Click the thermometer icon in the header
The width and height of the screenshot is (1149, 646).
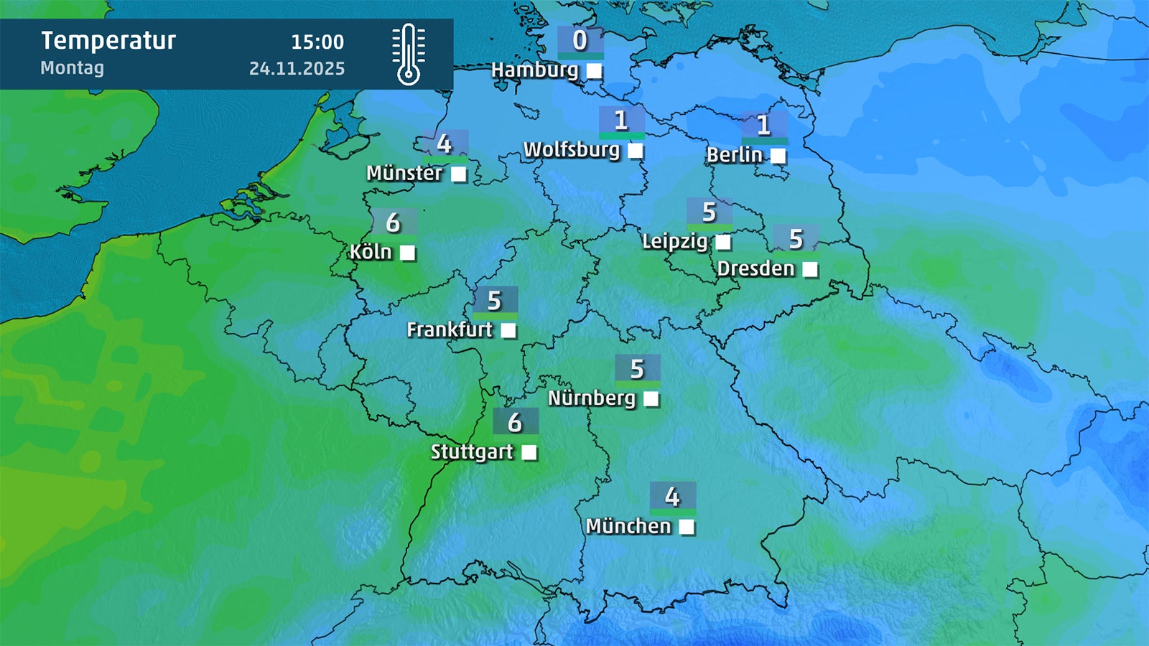408,55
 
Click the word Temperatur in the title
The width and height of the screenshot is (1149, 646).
108,41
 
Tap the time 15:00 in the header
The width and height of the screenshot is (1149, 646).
317,42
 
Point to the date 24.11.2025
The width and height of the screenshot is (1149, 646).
297,69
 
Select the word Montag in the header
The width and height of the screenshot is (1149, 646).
72,68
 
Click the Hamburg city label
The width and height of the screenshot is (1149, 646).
534,70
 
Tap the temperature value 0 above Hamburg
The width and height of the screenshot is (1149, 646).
580,41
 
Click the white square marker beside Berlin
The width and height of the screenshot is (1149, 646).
778,156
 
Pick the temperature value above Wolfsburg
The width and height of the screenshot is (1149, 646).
621,120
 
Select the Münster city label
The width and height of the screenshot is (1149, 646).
404,173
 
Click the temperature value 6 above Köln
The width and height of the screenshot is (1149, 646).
393,223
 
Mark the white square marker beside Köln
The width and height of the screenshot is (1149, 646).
407,253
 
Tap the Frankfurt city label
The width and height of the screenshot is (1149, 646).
450,329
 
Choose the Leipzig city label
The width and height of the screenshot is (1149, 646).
674,241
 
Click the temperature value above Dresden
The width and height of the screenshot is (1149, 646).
796,239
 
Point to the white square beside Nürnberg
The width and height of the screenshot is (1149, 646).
651,399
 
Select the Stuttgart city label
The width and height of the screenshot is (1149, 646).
472,452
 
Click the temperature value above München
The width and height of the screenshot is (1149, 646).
672,496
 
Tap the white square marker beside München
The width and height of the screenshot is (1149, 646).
687,528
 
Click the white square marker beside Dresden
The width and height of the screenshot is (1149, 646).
810,269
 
